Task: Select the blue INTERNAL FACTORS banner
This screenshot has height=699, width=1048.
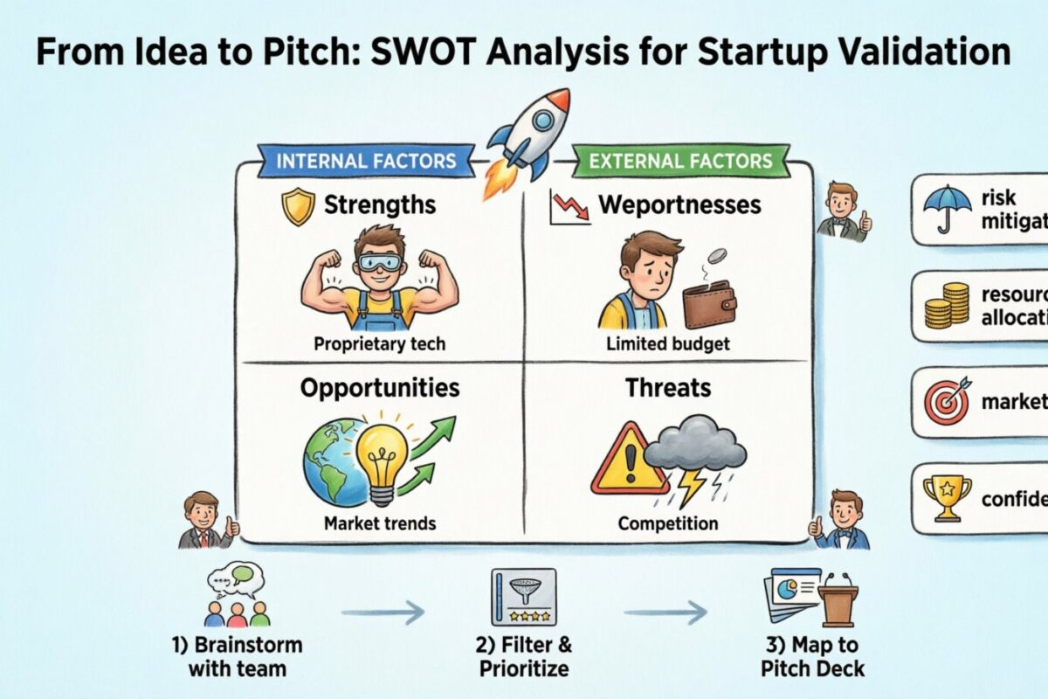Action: pos(366,161)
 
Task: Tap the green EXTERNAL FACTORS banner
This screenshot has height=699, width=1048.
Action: pos(680,161)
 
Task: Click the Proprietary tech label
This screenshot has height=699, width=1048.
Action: pos(379,343)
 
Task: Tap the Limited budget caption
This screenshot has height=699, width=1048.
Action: pos(668,343)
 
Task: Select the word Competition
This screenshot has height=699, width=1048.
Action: pos(668,524)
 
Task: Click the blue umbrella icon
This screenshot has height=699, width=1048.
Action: pos(946,209)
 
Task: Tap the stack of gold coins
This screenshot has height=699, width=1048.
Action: pos(946,306)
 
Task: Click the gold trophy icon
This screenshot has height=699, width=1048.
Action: pos(946,497)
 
